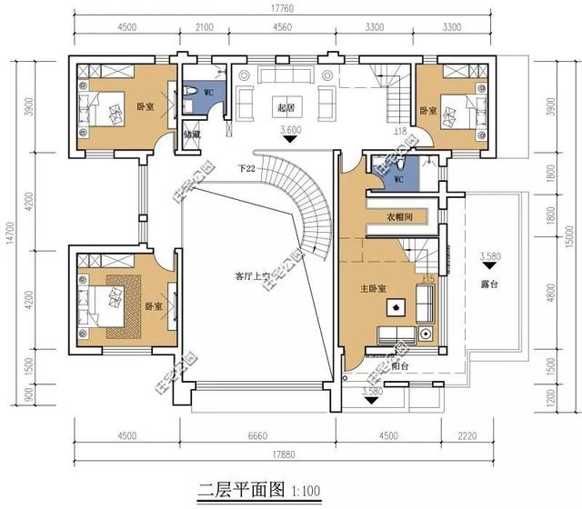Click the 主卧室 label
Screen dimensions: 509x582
click(x=373, y=289)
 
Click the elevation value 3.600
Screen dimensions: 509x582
click(x=290, y=130)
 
